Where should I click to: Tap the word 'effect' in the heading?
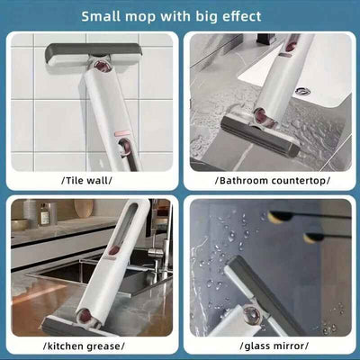(x=237, y=16)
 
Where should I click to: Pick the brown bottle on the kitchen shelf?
(x=43, y=213)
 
